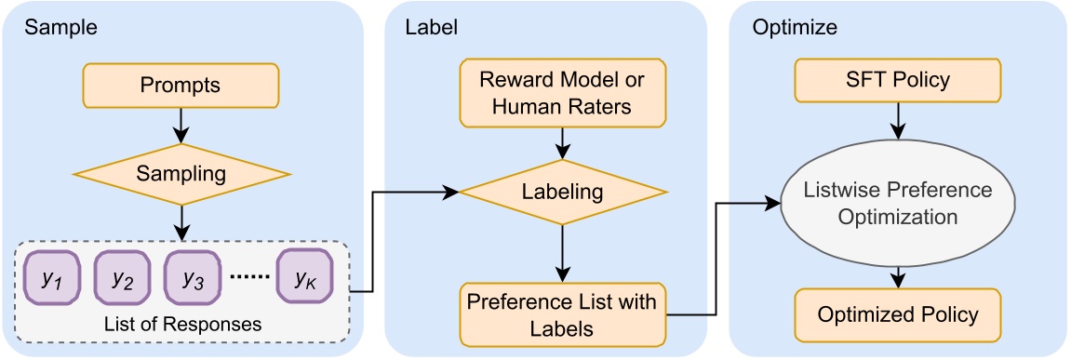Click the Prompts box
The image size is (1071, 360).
click(x=181, y=86)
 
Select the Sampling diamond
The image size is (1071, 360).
click(x=181, y=173)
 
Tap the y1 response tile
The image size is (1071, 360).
click(x=52, y=277)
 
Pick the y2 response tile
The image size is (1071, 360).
click(x=122, y=277)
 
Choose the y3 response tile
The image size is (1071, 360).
click(x=193, y=277)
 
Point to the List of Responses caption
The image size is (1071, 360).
click(x=181, y=325)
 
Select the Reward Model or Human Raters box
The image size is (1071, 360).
click(x=561, y=93)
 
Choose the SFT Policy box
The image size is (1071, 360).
click(x=896, y=79)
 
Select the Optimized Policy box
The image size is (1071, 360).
click(x=896, y=314)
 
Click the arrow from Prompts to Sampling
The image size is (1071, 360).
click(x=181, y=124)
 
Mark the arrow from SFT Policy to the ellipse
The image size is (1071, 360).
click(x=896, y=120)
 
